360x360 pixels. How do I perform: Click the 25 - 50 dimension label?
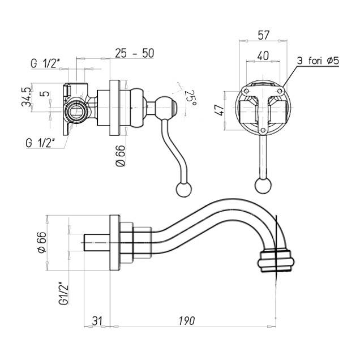coord(134,53)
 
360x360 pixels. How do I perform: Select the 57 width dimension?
coord(263,35)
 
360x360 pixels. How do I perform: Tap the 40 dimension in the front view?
coord(262,56)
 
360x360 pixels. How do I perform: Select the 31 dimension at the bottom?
coord(97,321)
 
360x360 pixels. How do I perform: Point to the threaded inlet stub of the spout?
coord(97,242)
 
